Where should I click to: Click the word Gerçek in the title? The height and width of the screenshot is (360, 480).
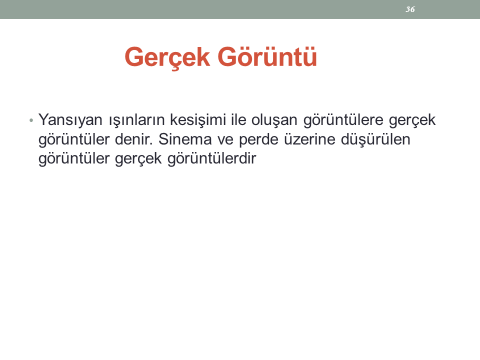click(167, 57)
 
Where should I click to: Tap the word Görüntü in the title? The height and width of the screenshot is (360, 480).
click(267, 56)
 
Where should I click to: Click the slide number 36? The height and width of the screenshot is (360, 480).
click(410, 9)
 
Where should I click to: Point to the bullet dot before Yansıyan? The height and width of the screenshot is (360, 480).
click(31, 120)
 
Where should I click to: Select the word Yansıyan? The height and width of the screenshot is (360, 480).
click(70, 120)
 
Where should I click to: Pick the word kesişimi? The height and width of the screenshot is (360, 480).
click(198, 120)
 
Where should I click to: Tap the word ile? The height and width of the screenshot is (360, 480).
click(238, 119)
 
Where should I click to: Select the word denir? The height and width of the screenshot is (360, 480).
click(134, 139)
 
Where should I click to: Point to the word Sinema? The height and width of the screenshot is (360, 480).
click(185, 139)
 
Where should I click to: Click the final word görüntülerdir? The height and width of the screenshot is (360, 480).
click(212, 159)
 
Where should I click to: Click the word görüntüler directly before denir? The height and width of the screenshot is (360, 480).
click(74, 140)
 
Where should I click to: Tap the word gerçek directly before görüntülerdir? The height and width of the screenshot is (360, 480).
click(138, 159)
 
